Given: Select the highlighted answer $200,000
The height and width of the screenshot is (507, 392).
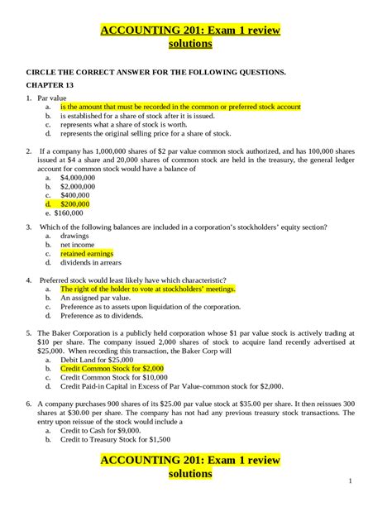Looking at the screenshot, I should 75,203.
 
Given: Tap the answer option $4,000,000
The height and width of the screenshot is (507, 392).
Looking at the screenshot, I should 80,178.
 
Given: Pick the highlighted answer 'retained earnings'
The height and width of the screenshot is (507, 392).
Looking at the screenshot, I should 86,254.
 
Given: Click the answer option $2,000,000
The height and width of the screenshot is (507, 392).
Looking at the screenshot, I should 80,186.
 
